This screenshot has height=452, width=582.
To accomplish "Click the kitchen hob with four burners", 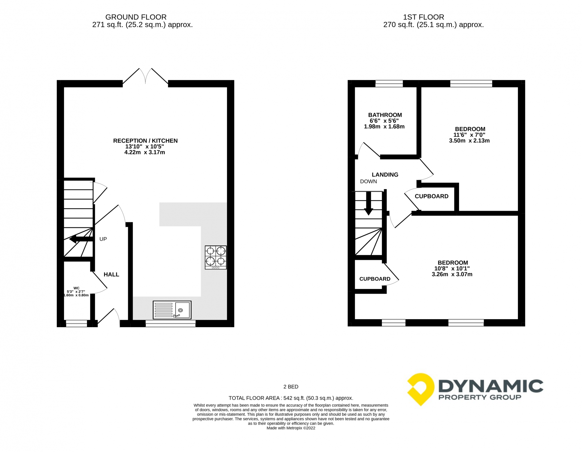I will [x=216, y=257].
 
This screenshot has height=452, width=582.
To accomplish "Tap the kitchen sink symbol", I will [x=172, y=310].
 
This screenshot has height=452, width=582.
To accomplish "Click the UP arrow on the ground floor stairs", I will [x=81, y=239].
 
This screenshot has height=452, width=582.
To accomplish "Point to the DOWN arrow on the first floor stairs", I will [x=368, y=204].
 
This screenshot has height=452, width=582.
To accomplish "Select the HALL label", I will [x=111, y=274].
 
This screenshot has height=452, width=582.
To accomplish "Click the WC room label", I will [x=76, y=288].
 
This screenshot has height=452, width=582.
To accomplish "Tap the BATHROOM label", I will [x=385, y=115].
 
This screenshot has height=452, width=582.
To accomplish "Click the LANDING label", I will [x=385, y=175].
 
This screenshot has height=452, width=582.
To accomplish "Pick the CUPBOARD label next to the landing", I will [x=431, y=196].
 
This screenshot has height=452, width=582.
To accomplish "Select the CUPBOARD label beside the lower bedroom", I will [x=375, y=279].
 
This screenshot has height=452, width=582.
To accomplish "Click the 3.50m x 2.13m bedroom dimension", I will [x=469, y=140].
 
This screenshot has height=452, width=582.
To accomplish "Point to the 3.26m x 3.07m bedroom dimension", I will [x=452, y=274].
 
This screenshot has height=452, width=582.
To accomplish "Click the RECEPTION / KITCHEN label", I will [x=145, y=140].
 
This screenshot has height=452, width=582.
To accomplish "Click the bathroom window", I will [x=389, y=84].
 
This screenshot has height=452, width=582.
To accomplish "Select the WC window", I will [x=76, y=323].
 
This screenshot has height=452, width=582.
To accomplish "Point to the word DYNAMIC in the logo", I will [x=491, y=386].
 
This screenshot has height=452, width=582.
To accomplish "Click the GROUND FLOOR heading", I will [x=136, y=17].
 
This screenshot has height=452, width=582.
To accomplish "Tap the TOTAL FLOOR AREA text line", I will [x=291, y=398].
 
